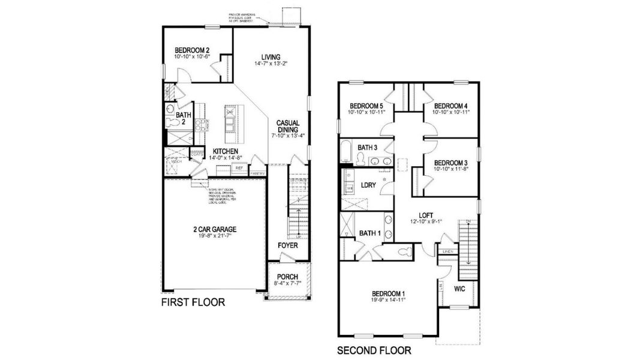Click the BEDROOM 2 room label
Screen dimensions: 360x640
(192, 50)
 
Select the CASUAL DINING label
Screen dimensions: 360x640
(288, 127)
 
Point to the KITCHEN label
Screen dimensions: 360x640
(226, 151)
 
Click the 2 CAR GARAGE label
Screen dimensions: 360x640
(214, 229)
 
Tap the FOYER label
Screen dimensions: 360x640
(288, 246)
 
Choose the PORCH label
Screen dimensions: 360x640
(287, 277)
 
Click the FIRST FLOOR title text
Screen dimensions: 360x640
(193, 303)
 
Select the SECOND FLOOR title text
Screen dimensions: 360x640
(374, 350)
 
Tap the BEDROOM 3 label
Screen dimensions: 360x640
(450, 163)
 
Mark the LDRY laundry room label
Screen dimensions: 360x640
(369, 185)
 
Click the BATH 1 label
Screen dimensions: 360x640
(369, 233)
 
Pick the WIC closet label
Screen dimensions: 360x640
(460, 289)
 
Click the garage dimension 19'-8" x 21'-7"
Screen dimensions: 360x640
(214, 236)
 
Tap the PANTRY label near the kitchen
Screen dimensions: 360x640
(257, 173)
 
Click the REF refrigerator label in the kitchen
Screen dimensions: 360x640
(239, 169)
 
